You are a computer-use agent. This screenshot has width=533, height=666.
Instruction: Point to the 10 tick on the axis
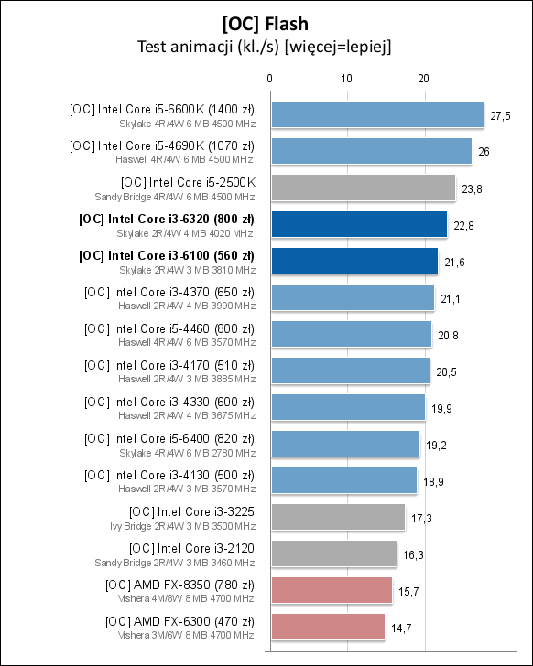346,80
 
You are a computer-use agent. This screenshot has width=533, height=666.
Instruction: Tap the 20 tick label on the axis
423,80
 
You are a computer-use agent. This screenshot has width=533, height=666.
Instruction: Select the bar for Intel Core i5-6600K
376,114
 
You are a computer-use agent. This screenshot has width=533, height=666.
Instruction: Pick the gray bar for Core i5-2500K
363,188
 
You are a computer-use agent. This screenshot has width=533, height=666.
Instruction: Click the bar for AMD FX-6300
328,627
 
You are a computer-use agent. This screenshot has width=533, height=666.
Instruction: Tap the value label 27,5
500,115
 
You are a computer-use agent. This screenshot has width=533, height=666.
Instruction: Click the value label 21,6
454,262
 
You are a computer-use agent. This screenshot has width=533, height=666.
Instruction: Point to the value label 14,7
401,628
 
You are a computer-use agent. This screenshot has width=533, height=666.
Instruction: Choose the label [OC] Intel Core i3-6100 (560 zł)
167,255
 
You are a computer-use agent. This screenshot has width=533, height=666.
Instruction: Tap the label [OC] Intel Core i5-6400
169,438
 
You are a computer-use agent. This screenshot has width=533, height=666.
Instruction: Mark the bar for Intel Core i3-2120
333,553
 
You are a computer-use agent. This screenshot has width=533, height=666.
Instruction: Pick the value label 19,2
436,445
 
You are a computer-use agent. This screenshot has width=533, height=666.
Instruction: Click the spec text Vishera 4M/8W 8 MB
186,598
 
